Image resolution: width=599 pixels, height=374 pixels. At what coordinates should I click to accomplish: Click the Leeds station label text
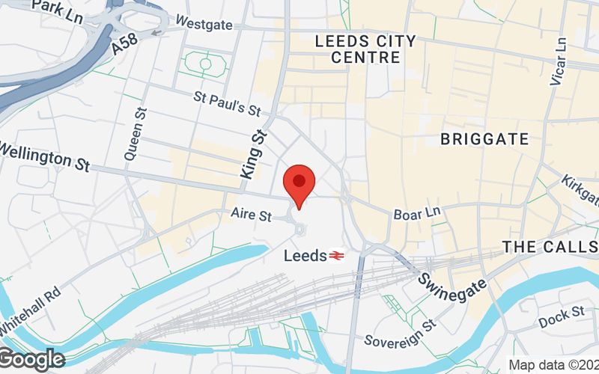[305, 256]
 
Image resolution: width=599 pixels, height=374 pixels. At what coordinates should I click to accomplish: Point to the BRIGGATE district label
[484, 139]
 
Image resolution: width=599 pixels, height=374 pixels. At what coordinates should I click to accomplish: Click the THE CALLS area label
[549, 247]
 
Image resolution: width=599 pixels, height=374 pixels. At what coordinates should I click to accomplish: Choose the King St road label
[255, 154]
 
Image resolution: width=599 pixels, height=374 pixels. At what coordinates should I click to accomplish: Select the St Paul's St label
[226, 103]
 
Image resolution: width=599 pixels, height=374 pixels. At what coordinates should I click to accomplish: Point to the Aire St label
[250, 215]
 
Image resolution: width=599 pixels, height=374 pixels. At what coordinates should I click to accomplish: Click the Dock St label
[561, 316]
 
